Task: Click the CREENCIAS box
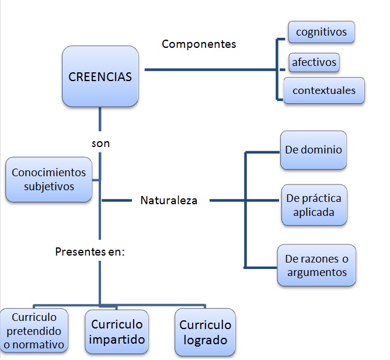(100, 76)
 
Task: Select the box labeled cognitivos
(322, 32)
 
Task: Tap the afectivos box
(315, 61)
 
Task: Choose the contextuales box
(323, 90)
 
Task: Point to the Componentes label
(199, 44)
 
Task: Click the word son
(100, 143)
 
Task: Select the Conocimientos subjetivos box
(49, 180)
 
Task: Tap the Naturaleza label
(169, 200)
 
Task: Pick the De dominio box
(314, 150)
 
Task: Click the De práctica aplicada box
(314, 205)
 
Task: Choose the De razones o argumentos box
(316, 265)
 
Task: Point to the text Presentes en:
(90, 251)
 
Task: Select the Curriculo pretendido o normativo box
(34, 331)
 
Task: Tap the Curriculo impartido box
(116, 332)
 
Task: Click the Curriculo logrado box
(205, 333)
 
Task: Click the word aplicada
(314, 212)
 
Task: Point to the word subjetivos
(49, 187)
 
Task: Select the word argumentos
(316, 272)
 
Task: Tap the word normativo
(34, 344)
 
